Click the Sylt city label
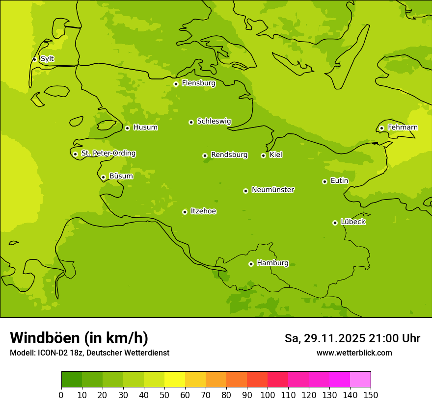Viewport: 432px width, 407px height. click(47, 59)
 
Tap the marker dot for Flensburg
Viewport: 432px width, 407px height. click(176, 84)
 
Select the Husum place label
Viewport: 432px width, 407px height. click(145, 127)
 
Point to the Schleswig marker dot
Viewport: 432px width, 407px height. click(191, 122)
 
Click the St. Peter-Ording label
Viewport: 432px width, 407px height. click(108, 153)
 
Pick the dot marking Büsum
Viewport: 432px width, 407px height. click(103, 177)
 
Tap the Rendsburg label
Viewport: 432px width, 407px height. click(229, 155)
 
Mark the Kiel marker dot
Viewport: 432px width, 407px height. click(263, 155)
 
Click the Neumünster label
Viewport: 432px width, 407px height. click(273, 190)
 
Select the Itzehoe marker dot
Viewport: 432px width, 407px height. click(185, 212)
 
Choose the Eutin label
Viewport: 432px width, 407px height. click(339, 181)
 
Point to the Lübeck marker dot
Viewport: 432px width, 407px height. click(335, 223)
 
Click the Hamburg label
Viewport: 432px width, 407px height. click(272, 263)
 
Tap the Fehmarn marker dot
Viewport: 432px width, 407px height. click(381, 128)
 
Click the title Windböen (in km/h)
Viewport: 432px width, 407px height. click(79, 338)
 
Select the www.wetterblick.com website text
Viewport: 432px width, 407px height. click(354, 353)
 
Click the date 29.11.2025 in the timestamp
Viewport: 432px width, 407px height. click(334, 338)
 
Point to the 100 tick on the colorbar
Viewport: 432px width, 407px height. click(268, 395)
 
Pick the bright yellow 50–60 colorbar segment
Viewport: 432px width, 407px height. click(175, 380)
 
